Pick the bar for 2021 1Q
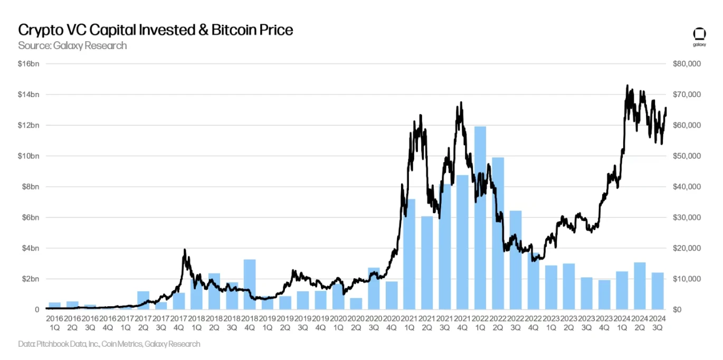click(409, 254)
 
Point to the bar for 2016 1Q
click(54, 306)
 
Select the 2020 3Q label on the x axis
click(374, 323)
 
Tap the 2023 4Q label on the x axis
click(604, 323)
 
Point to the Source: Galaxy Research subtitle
click(72, 45)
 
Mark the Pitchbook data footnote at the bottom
click(109, 344)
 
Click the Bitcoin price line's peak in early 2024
click(627, 86)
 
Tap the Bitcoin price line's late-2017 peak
click(184, 250)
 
